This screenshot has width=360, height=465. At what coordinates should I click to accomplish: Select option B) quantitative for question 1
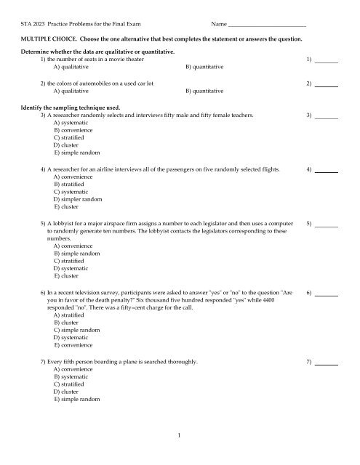[204, 68]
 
